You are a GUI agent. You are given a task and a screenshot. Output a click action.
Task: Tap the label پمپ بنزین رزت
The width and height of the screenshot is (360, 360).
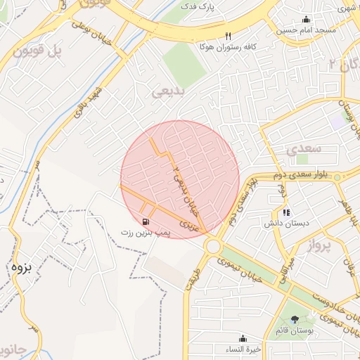pos(146,232)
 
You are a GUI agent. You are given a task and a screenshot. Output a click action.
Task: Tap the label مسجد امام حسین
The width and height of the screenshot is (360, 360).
pos(307,31)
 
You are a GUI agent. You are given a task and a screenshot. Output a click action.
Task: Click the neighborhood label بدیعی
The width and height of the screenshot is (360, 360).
pos(169,92)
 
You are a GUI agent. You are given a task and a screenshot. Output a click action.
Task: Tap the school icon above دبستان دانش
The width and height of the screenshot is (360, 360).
pos(285,212)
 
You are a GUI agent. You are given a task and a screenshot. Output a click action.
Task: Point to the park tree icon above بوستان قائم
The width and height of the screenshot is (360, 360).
pos(295,320)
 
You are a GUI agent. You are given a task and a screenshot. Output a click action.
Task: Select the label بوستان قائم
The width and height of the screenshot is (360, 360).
pos(295,331)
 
